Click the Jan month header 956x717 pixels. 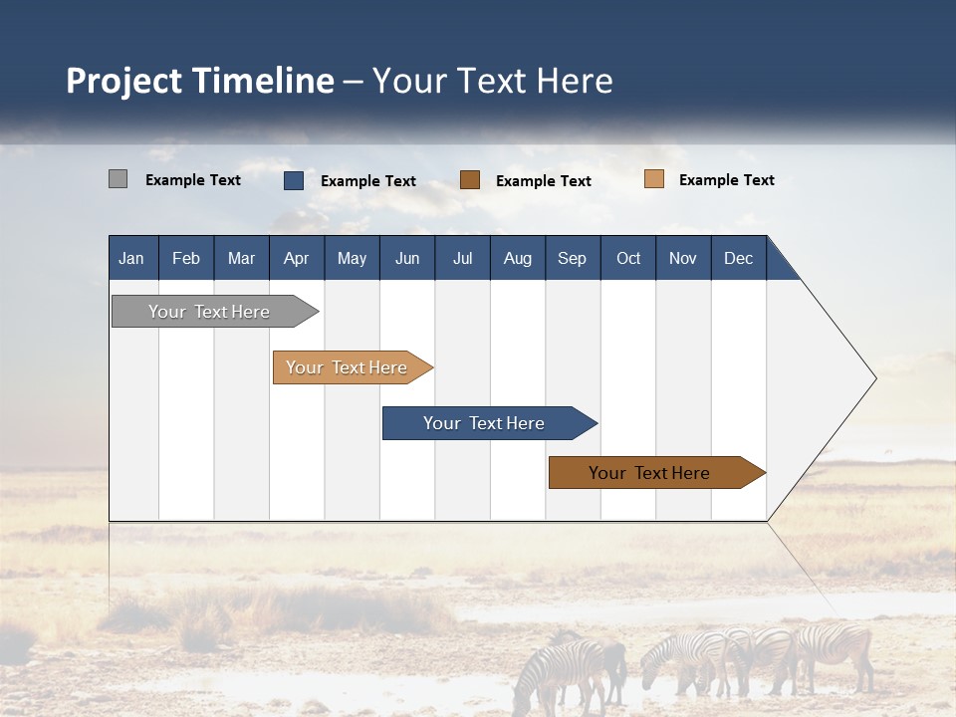131,258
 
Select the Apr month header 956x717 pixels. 296,258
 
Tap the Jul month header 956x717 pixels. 462,258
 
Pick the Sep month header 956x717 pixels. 572,258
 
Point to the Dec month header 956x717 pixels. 738,258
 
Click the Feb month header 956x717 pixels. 186,258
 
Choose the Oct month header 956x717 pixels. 628,258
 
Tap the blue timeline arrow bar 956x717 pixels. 485,423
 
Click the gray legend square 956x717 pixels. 118,179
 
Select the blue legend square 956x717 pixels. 293,180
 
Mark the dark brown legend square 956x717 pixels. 470,180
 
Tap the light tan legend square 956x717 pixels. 653,179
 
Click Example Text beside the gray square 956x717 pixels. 193,180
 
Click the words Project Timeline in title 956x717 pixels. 200,81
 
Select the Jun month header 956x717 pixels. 407,258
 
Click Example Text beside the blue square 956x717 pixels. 368,181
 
